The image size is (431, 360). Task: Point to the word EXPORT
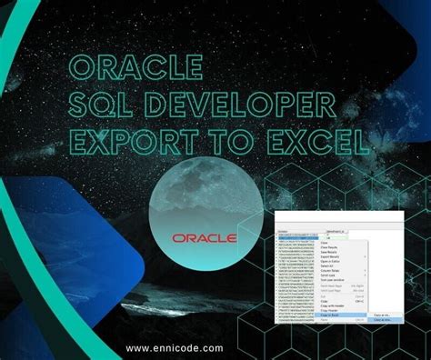[146, 142]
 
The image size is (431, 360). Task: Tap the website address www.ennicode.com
[175, 347]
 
